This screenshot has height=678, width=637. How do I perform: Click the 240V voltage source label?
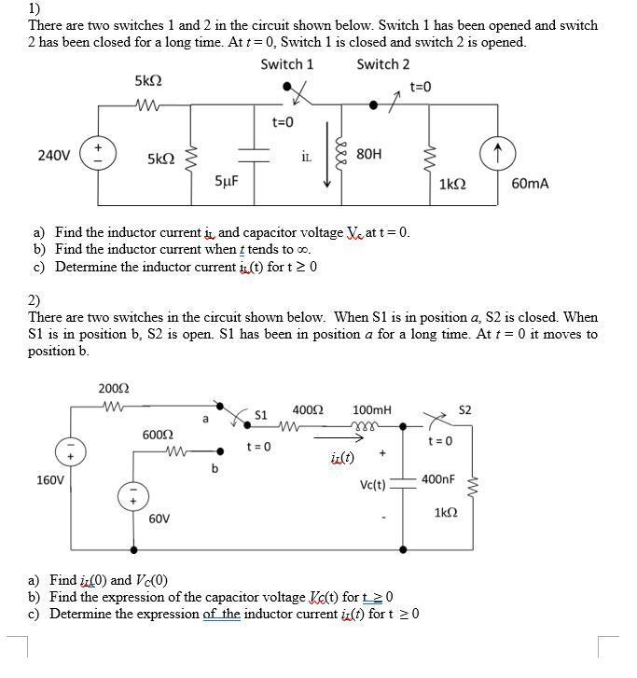coord(53,155)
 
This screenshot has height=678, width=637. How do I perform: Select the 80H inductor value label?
coord(368,155)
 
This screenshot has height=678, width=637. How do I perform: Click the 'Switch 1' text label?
coord(286,64)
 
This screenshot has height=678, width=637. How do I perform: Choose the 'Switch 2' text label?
coord(382,64)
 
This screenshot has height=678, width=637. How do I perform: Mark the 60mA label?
coord(531,184)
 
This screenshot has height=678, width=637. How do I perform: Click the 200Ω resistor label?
coord(113,388)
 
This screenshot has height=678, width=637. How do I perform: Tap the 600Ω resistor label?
coord(157,435)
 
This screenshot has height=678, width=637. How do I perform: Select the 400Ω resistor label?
coord(307,410)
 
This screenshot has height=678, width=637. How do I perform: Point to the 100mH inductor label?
coord(372,410)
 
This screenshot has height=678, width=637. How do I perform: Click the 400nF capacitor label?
coord(438,479)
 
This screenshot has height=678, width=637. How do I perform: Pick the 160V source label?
coord(49,480)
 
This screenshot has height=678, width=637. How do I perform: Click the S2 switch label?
coord(465,409)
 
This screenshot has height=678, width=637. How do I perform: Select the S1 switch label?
coord(261,414)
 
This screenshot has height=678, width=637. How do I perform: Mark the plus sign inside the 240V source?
coord(98,147)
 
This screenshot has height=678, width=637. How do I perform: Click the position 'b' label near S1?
coord(215,468)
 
